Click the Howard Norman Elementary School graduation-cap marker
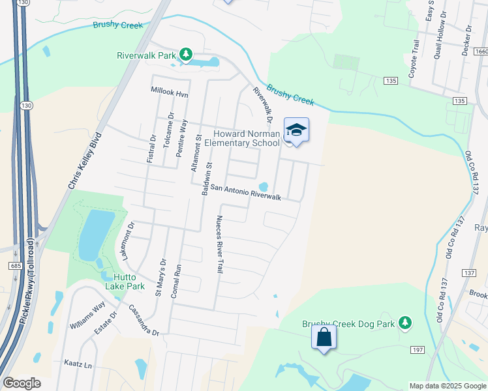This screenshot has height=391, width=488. pos(296,130)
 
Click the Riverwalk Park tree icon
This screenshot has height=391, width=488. pos(186,54)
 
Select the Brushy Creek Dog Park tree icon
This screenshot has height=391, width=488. pos(405,322)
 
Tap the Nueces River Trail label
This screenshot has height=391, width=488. pos(220,244)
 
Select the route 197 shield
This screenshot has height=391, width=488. pos(418,351)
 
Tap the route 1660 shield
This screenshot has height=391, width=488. pos(481,51)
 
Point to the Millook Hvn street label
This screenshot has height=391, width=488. pos(169,94)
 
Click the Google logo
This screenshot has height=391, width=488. pos(22,383)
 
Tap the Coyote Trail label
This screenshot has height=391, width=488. pos(414,59)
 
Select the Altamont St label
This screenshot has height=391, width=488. pos(194,154)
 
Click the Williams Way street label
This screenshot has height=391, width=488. pos(89,314)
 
